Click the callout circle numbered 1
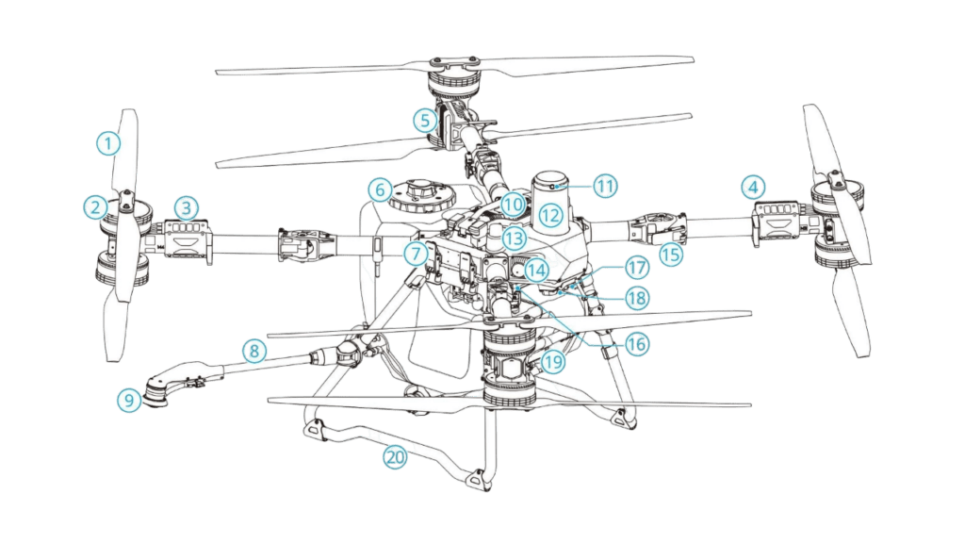pos(109,143)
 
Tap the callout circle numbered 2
pos(94,205)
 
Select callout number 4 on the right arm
pos(751,188)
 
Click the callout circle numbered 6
pos(379,189)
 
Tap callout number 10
pos(512,204)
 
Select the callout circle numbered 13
pos(514,238)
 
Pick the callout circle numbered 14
pos(535,269)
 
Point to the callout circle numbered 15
pos(671,254)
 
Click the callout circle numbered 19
pos(552,361)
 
